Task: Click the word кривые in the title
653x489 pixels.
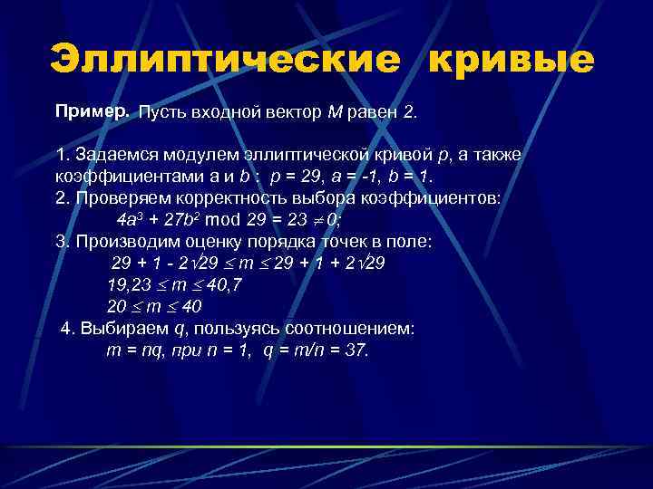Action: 511,61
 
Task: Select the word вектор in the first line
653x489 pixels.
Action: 279,113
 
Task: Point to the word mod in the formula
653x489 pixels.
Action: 227,219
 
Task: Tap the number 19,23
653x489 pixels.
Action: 129,284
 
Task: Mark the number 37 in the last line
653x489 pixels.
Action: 356,350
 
